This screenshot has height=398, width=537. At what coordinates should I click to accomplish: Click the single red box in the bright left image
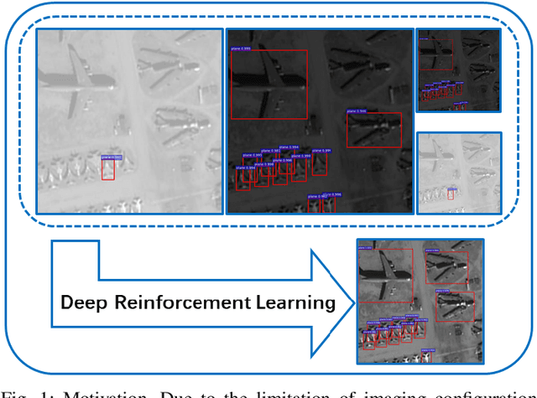click(x=108, y=168)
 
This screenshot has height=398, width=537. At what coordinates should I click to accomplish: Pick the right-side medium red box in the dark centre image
click(x=373, y=130)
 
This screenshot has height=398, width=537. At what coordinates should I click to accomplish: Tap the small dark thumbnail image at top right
click(x=458, y=70)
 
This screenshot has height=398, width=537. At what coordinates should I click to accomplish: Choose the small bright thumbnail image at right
click(x=458, y=173)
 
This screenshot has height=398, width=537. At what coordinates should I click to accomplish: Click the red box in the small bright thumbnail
click(x=451, y=194)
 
